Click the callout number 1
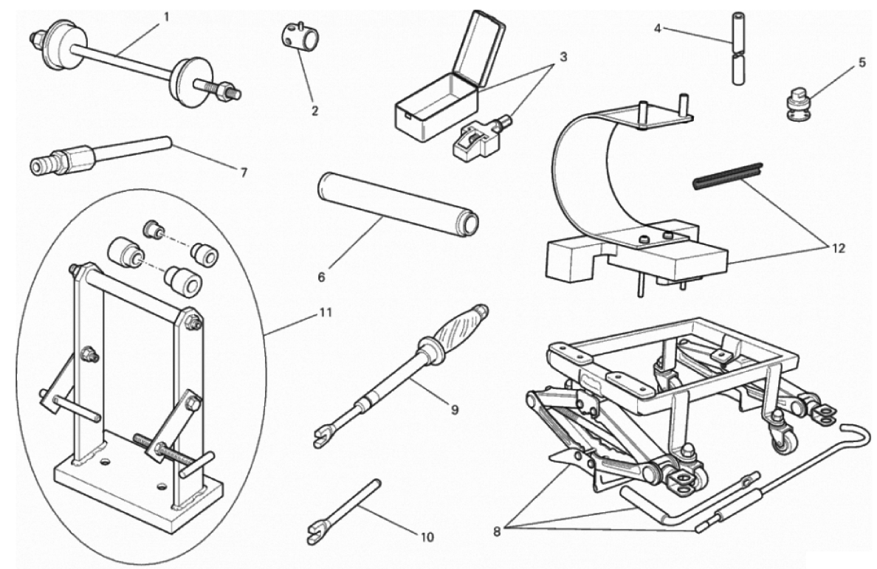166,15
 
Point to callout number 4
658,29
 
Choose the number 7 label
243,173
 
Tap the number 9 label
446,407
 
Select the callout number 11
326,312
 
